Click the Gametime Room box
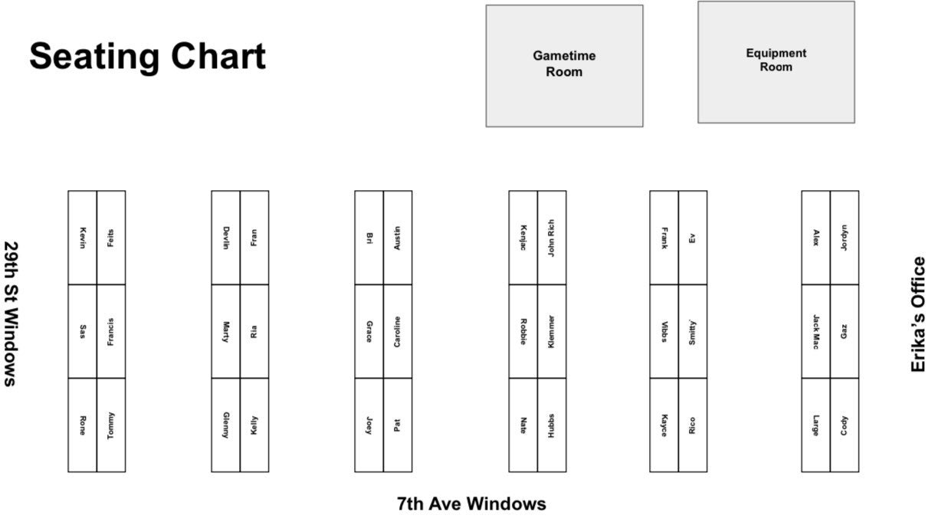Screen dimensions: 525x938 coord(564,65)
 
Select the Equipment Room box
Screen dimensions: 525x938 coord(776,61)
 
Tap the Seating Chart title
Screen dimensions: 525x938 coord(147,57)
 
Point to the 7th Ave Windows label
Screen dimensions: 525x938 coord(471,504)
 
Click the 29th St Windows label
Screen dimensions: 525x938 coord(11,314)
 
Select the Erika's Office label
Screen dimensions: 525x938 coord(917,314)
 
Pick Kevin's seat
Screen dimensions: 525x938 coord(82,238)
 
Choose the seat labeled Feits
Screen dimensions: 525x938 coord(111,238)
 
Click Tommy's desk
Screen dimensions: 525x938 coord(111,425)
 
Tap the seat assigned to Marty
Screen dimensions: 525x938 coord(225,331)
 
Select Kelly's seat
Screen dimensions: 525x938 coord(254,425)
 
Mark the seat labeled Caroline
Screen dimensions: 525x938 coord(398,331)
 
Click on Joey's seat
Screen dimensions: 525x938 coord(369,425)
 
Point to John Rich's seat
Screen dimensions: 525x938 coord(552,238)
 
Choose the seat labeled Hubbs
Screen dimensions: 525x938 coord(552,425)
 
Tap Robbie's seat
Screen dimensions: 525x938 coord(523,331)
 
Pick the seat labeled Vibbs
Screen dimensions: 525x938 coord(664,331)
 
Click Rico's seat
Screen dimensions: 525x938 coord(693,425)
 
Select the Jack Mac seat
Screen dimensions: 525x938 coord(815,331)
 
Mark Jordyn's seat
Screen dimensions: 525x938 coord(845,238)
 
